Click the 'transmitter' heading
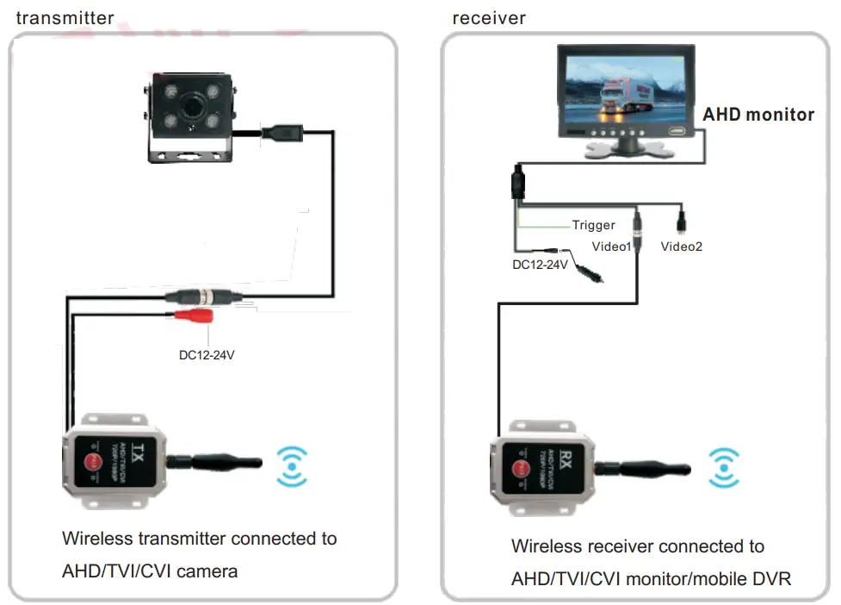point(65,17)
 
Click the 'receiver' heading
point(489,17)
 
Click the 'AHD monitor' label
point(758,115)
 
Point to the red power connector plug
point(193,316)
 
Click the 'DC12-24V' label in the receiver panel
point(540,265)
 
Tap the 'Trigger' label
point(594,225)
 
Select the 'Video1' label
point(612,246)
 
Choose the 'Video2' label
point(682,246)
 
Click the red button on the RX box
point(521,470)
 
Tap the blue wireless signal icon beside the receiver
point(724,467)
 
